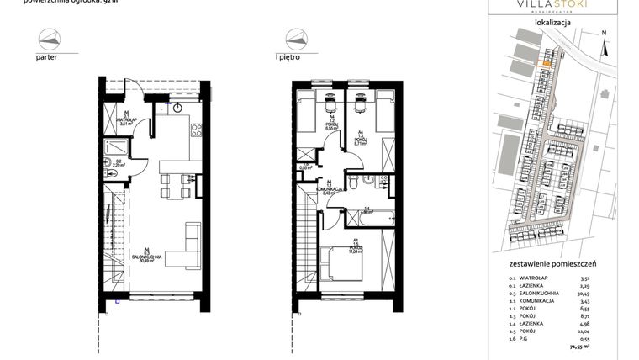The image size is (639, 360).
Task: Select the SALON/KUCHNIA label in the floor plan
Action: click(146, 257)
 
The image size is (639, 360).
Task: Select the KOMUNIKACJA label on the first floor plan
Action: click(331, 190)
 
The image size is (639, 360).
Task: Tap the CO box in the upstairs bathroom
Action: click(383, 178)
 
